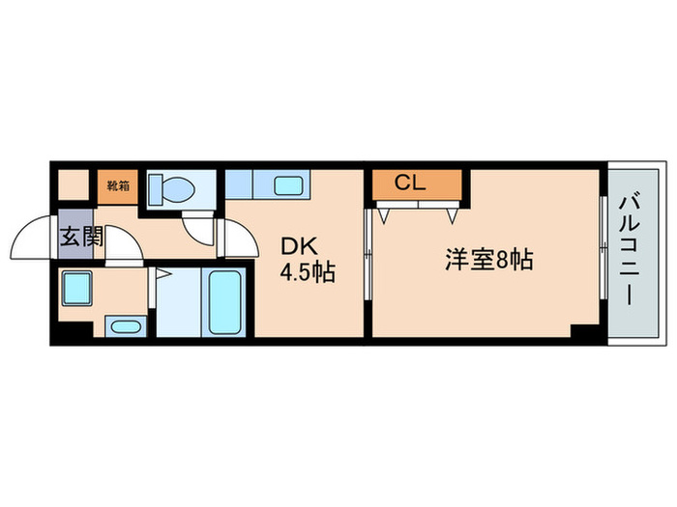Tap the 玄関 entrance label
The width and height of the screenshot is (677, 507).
[x=80, y=236]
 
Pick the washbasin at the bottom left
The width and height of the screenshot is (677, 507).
[x=123, y=325]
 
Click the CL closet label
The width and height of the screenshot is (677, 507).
[x=411, y=183]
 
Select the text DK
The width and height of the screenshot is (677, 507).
[x=295, y=244]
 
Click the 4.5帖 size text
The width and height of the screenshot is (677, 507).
[x=308, y=273]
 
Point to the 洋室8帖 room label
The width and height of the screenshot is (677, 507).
[x=489, y=260]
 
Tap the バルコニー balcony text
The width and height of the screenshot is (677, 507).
[x=627, y=252]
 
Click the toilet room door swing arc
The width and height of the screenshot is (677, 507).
[x=200, y=226]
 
